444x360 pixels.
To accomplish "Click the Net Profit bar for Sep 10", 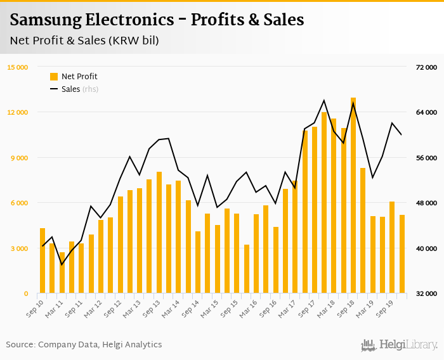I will click(x=42, y=260).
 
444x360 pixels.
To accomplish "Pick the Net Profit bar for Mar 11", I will click(x=62, y=273).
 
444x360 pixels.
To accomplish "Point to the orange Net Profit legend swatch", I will click(x=54, y=77).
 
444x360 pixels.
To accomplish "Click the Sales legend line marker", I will click(x=54, y=89).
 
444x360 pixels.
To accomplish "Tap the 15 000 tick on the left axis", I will click(x=17, y=67).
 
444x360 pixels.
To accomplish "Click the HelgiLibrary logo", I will click(x=400, y=345).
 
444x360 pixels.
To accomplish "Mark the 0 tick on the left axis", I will click(x=26, y=293).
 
